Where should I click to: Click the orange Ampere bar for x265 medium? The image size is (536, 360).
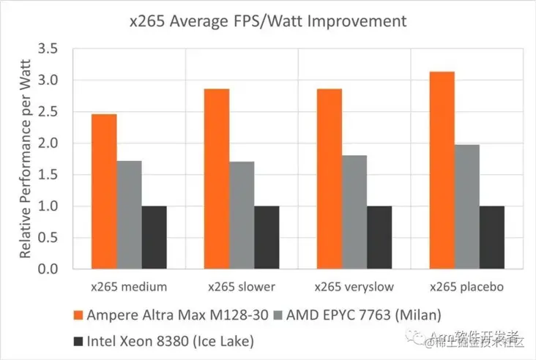click(104, 192)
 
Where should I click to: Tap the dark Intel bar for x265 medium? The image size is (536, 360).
click(154, 238)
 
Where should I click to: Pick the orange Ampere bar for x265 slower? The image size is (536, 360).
click(217, 179)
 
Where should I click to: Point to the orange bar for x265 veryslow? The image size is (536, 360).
click(330, 179)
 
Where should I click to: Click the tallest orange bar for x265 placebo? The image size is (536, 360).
click(442, 170)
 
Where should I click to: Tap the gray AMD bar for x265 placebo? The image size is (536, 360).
click(467, 207)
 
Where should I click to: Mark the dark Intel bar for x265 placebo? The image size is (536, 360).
click(492, 238)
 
